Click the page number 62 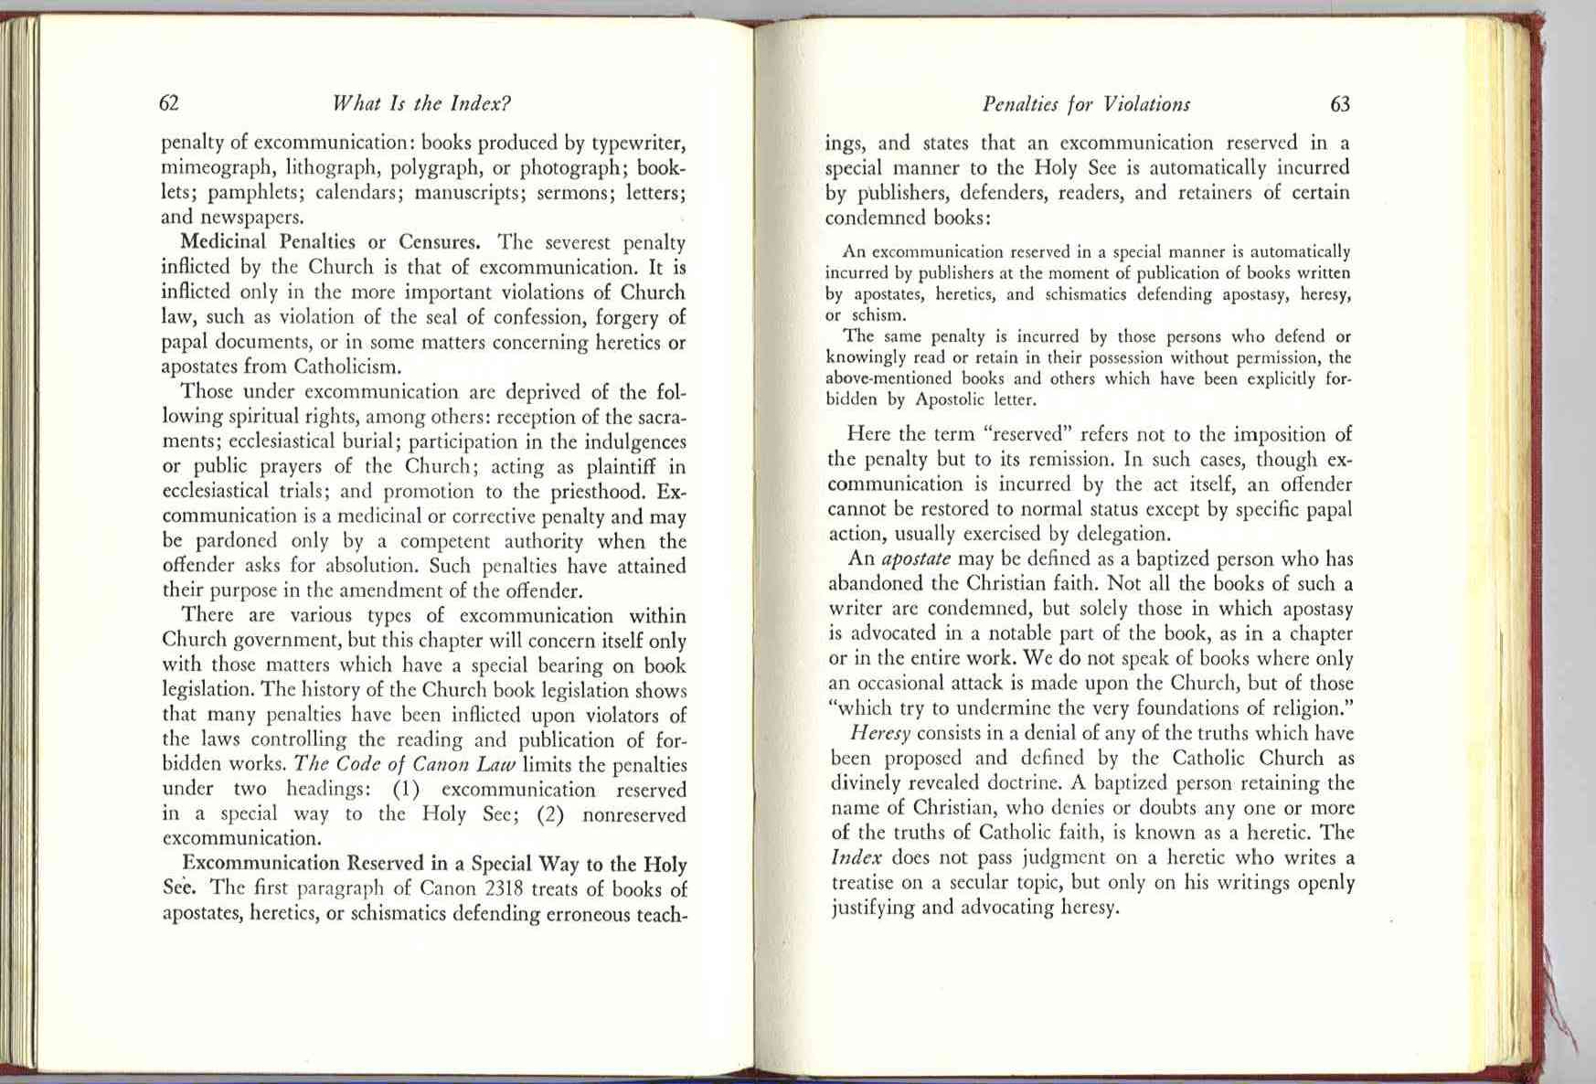tap(169, 103)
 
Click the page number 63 tap(1339, 104)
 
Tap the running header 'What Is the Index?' tap(421, 103)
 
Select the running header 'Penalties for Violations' tap(1086, 104)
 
